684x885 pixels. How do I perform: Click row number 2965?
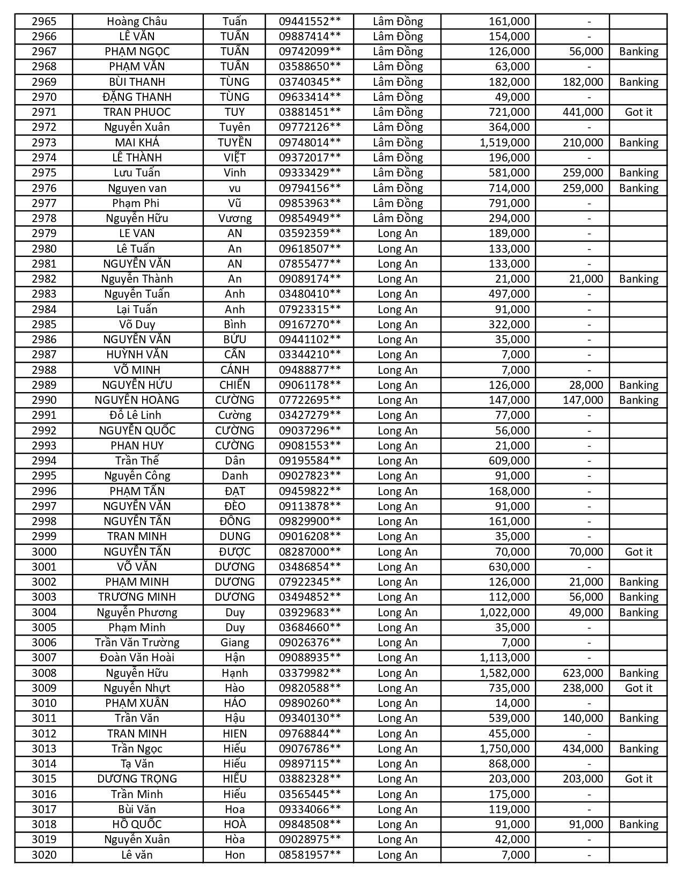pos(44,21)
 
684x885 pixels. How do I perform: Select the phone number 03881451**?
pos(310,112)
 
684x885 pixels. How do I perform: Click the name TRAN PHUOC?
pos(137,112)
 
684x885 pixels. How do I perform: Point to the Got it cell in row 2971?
pos(638,112)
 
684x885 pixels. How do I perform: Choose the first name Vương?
pos(235,218)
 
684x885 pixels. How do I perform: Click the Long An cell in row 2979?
pos(398,233)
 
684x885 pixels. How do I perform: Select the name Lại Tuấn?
pos(137,309)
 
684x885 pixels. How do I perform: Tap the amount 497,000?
pos(509,294)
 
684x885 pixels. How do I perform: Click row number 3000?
pos(44,552)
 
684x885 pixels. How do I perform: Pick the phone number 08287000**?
pos(310,552)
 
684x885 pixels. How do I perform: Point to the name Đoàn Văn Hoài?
pos(137,658)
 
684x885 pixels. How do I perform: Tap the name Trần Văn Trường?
pos(137,643)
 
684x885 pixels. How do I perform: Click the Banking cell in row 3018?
pos(638,824)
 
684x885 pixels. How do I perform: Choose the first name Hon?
pos(235,855)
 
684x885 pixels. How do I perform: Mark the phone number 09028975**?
pos(310,839)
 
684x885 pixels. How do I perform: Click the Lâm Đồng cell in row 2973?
pos(398,143)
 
